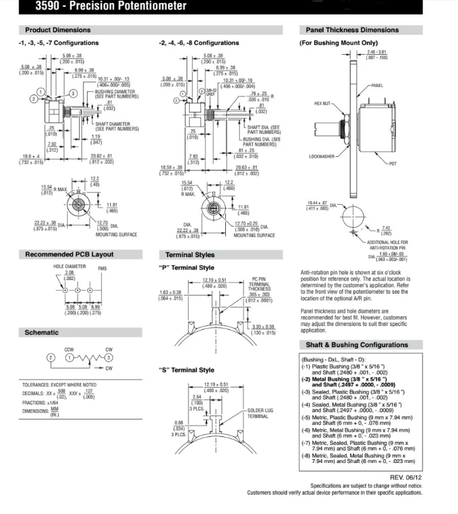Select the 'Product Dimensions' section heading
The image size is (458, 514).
tap(58, 30)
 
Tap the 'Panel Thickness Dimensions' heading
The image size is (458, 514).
tap(352, 30)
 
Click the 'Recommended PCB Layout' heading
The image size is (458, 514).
tap(69, 255)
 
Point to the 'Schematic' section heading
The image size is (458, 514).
tap(42, 332)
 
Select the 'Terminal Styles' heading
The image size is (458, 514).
tap(190, 255)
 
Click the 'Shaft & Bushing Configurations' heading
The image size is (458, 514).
tap(357, 345)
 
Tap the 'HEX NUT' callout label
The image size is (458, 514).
tap(324, 104)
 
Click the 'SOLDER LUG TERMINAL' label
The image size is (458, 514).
tap(258, 413)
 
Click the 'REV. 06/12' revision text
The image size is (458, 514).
tap(406, 477)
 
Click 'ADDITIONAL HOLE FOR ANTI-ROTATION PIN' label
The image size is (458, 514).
tap(387, 243)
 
